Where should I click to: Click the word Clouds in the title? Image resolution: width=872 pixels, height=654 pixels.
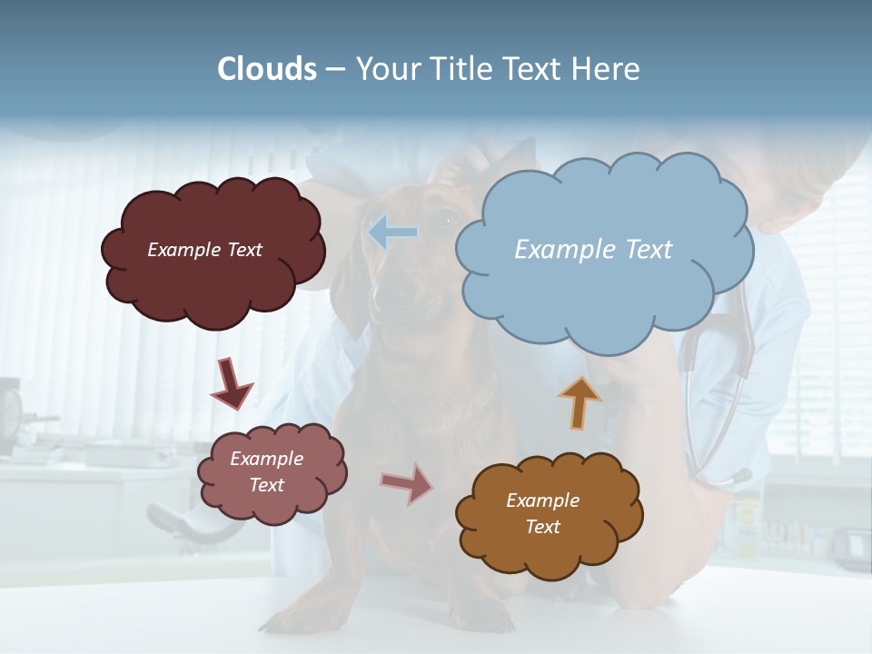point(267,69)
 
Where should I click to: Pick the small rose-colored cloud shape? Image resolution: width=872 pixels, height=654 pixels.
point(272,504)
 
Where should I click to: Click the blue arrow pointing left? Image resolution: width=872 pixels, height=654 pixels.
point(392,233)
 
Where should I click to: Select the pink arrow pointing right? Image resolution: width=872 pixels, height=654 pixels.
point(406,483)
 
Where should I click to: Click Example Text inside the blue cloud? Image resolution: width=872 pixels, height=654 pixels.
point(593,250)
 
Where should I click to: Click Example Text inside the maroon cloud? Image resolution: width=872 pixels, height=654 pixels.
point(204,250)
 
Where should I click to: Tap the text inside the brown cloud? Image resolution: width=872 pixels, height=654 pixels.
point(542,513)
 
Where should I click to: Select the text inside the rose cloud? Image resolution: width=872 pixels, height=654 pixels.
point(267,471)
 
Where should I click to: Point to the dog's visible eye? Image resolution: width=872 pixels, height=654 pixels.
point(448,219)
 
